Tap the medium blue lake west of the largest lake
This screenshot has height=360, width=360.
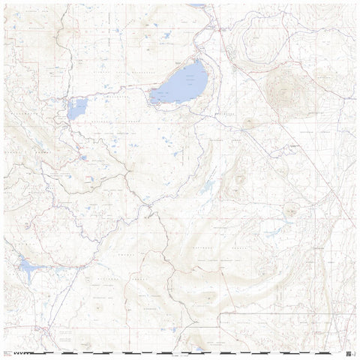(76, 109)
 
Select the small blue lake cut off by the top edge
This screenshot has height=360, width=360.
(196, 4)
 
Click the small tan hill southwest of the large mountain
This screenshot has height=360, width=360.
(250, 122)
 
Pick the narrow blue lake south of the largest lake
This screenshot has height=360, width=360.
(207, 186)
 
